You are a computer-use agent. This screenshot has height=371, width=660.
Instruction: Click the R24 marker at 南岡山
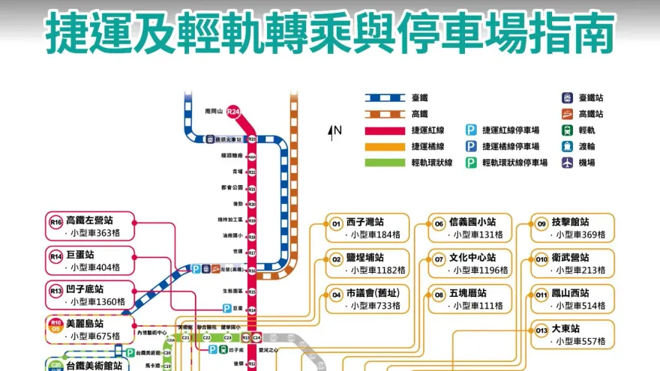point(234,112)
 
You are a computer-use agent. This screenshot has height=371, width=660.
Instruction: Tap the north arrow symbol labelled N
point(331,133)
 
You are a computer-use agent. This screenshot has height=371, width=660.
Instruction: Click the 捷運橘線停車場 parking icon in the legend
point(471,146)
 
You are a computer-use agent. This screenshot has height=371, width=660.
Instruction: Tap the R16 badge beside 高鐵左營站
point(55,221)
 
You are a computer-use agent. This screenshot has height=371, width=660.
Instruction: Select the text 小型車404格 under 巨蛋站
point(94,268)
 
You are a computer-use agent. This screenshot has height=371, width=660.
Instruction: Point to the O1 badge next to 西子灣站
point(336,223)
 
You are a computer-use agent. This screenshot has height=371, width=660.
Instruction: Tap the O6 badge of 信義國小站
point(439,223)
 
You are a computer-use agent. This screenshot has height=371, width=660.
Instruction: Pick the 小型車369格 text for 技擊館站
point(580,235)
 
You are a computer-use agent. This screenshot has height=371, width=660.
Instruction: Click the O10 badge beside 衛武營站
point(542,259)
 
